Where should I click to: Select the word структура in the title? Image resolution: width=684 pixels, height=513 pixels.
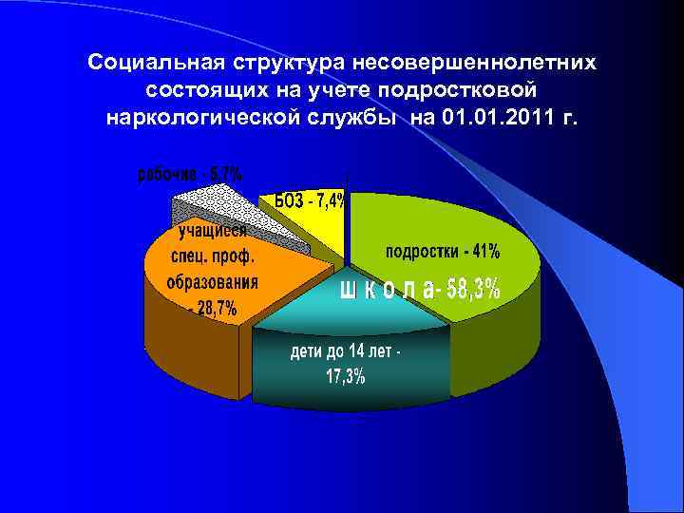284,63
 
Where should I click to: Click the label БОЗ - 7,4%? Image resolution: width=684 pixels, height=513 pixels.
311,200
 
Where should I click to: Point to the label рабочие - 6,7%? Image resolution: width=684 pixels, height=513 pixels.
191,174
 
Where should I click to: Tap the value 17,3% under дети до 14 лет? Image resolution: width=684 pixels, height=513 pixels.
346,377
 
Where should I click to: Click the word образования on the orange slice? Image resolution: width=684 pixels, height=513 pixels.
212,282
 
